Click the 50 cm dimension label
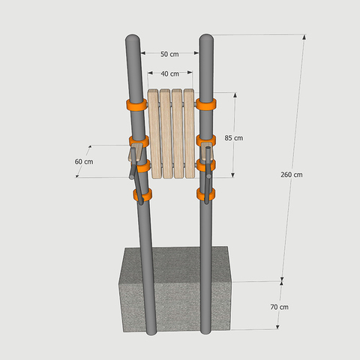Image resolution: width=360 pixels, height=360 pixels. coord(169,54)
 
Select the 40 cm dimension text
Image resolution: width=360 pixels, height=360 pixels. coord(169,73)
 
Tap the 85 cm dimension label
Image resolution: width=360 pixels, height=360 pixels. coord(233,138)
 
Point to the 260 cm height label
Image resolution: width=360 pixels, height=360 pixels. coord(291,175)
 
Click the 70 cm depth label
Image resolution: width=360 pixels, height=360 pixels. coord(279,307)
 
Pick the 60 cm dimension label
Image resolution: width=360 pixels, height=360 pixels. coord(84,161)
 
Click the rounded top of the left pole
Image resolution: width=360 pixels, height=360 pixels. coord(133,38)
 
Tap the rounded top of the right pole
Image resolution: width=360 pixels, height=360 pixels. coord(206,38)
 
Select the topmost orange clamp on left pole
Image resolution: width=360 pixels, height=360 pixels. coord(136,105)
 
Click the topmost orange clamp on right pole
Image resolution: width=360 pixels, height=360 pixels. coord(206,104)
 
